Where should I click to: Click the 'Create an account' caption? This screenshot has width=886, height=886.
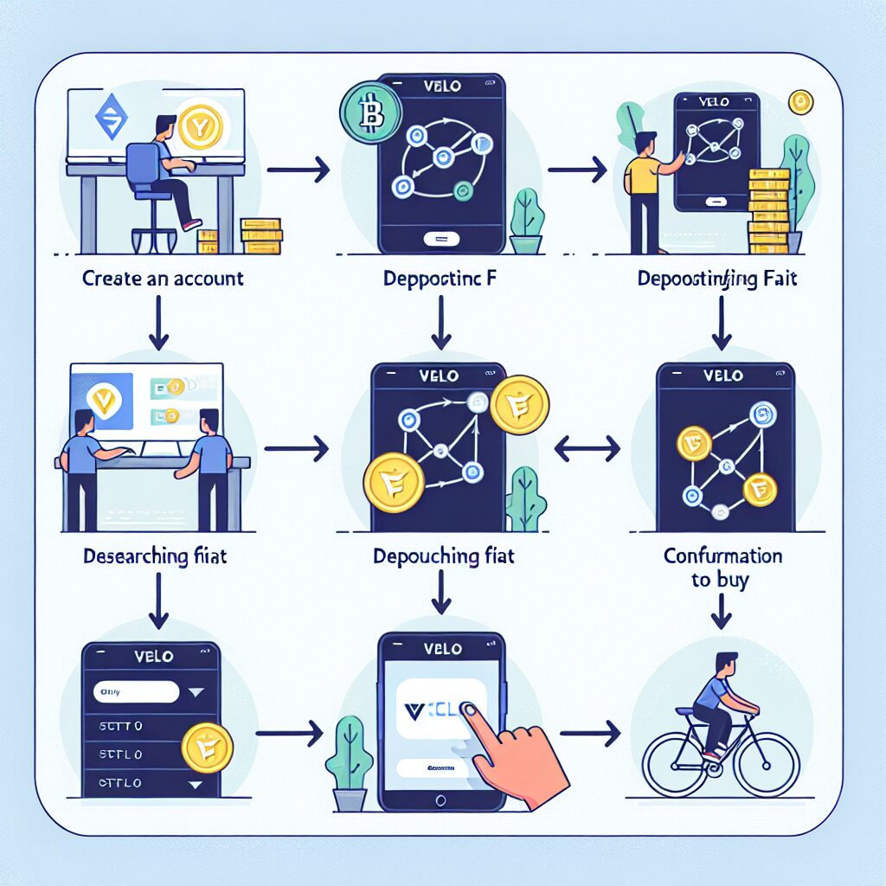click(x=163, y=279)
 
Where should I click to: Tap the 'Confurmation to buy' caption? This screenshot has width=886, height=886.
click(x=722, y=568)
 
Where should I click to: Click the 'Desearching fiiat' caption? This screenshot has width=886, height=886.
click(x=156, y=556)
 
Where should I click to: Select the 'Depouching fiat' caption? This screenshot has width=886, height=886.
click(x=444, y=556)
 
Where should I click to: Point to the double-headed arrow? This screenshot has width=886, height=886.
click(x=587, y=447)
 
